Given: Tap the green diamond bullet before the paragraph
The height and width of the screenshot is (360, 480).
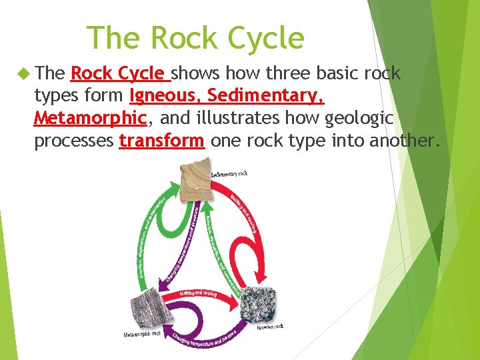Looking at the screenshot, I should pyautogui.click(x=25, y=74).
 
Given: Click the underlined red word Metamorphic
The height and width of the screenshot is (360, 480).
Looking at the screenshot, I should pyautogui.click(x=89, y=119).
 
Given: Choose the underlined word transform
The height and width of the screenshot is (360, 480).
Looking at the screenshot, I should pyautogui.click(x=161, y=141).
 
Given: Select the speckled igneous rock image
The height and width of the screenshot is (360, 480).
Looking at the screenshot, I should pyautogui.click(x=257, y=305).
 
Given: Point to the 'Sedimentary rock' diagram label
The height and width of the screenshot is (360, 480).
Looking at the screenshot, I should pyautogui.click(x=229, y=174).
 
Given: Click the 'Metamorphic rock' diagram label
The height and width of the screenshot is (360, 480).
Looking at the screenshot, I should pyautogui.click(x=142, y=333).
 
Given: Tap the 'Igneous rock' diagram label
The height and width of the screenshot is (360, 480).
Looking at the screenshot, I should pyautogui.click(x=270, y=326).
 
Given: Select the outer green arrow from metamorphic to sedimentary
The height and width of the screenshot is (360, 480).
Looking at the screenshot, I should pyautogui.click(x=148, y=233).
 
